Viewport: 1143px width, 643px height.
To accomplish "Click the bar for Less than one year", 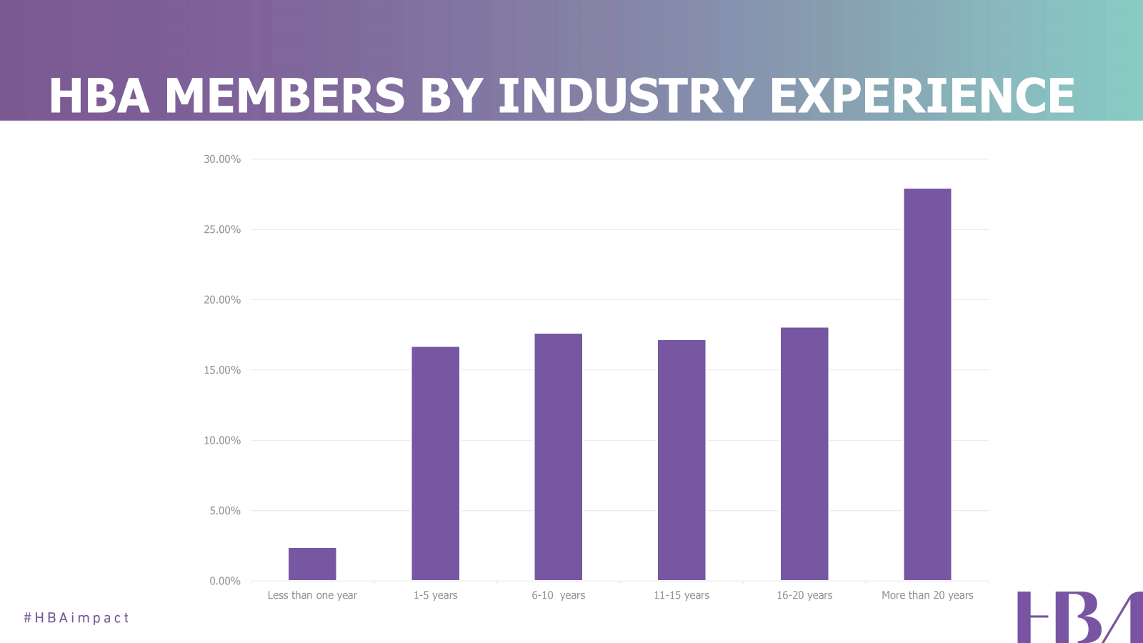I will click(x=312, y=564).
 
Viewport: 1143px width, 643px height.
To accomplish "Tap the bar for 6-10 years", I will click(x=558, y=457).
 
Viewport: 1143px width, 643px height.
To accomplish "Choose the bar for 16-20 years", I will click(x=804, y=454).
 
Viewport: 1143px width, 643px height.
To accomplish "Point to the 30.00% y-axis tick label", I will click(x=222, y=159).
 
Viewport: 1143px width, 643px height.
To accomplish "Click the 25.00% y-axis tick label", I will click(x=222, y=229).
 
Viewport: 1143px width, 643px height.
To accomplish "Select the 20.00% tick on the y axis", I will click(x=222, y=300).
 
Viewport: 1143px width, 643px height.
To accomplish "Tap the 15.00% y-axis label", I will click(x=222, y=370).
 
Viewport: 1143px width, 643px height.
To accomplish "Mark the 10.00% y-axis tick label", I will click(x=222, y=440).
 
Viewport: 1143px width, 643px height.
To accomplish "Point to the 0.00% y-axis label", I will click(x=225, y=581).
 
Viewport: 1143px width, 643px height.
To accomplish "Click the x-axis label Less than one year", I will click(x=312, y=595).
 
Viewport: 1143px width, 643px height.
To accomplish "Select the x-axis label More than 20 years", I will click(x=927, y=595).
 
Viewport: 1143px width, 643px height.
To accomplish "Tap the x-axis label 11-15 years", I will click(x=682, y=595).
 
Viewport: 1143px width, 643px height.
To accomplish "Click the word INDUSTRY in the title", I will click(x=626, y=96).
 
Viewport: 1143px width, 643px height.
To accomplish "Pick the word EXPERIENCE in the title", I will click(x=922, y=96).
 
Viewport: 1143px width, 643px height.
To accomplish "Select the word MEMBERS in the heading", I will click(x=285, y=96).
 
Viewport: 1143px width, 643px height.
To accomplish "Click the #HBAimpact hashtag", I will click(x=76, y=617).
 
